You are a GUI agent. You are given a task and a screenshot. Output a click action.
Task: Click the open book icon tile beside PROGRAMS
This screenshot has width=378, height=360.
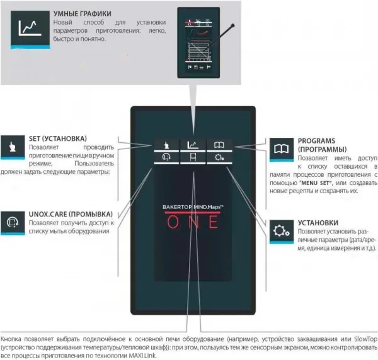[279, 149]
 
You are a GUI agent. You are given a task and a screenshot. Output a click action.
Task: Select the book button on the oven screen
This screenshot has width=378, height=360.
[217, 143]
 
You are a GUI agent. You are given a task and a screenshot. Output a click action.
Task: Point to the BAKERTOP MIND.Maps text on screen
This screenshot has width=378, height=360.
[190, 206]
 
